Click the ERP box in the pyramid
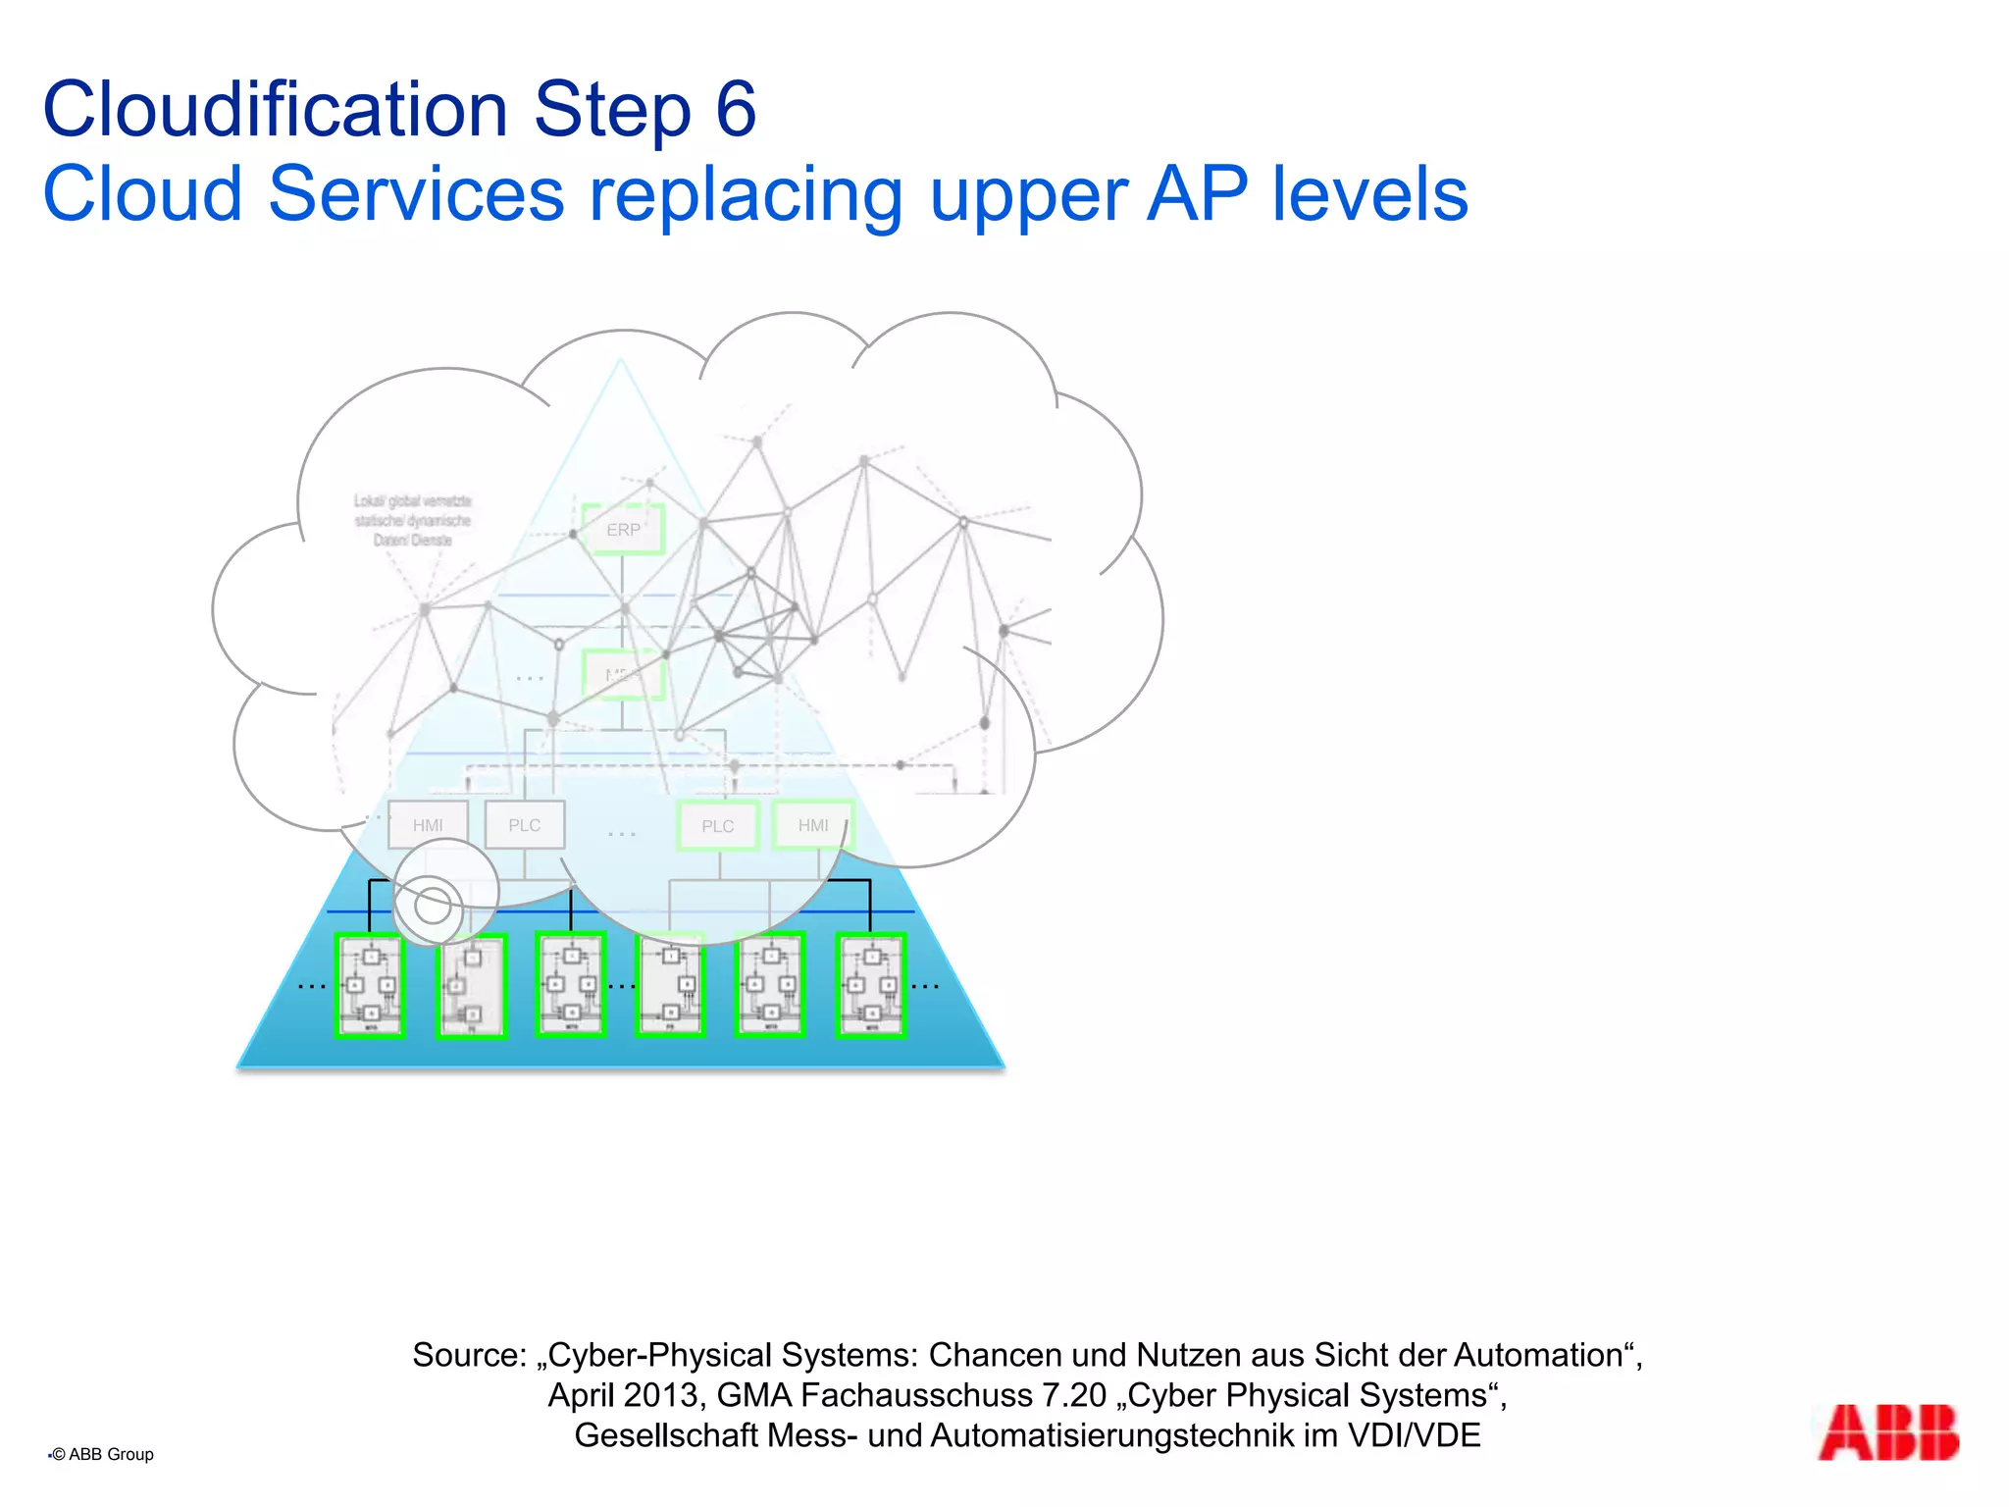click(623, 530)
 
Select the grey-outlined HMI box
click(428, 825)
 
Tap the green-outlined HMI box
click(813, 825)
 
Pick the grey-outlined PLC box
click(525, 825)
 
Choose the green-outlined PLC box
click(718, 826)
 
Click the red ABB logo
click(1887, 1432)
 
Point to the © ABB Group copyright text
click(104, 1454)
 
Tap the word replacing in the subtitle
click(746, 194)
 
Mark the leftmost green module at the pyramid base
click(370, 985)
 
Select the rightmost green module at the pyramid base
click(870, 985)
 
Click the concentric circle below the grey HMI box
click(432, 906)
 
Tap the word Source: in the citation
click(470, 1355)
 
